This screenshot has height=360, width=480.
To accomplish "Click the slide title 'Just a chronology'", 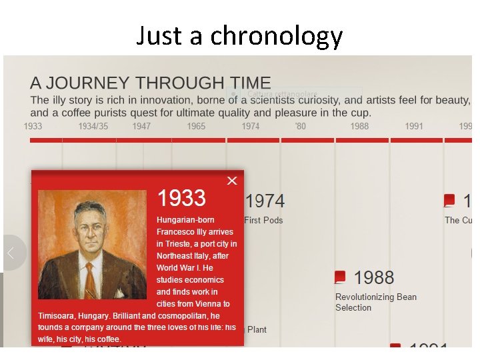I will tap(239, 35).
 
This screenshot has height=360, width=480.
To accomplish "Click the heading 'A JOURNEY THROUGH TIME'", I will tap(150, 83).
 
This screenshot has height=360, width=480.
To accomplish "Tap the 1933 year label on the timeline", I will tap(33, 126).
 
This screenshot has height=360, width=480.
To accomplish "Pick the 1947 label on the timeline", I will tap(141, 126).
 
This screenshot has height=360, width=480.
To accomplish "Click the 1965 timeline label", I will tap(196, 126).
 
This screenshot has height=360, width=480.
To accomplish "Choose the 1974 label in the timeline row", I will tap(251, 126).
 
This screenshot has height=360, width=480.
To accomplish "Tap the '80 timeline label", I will tap(301, 126).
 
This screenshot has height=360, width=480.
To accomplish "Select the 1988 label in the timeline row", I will tap(359, 126).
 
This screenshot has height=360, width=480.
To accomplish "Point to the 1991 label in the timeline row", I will tap(414, 126).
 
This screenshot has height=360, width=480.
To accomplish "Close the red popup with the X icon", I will tap(231, 181).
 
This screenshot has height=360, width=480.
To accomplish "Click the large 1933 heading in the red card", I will tap(181, 198).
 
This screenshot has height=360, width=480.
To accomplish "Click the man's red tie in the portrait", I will tap(90, 281).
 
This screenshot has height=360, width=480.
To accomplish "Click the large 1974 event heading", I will tap(265, 201).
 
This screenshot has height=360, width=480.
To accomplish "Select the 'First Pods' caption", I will tap(263, 220).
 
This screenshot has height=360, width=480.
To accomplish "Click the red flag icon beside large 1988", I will tap(341, 277).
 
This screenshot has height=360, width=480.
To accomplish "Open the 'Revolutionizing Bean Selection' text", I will tap(375, 302).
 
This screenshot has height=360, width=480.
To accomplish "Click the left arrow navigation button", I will tap(11, 253).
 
